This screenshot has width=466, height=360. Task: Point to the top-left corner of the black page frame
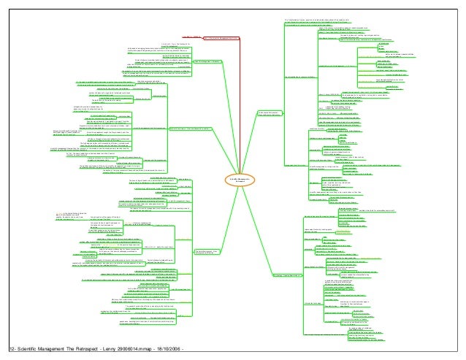click(x=1, y=1)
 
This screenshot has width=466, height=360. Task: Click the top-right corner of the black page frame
click(x=465, y=1)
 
